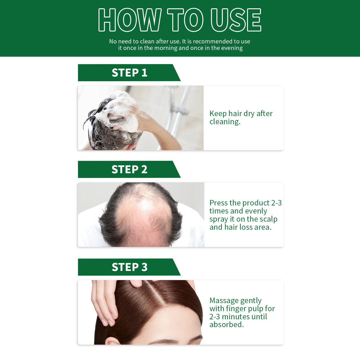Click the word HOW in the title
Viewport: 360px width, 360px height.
pyautogui.click(x=130, y=20)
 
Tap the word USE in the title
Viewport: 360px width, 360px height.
pyautogui.click(x=236, y=20)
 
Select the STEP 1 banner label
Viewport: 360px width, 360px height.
pyautogui.click(x=129, y=73)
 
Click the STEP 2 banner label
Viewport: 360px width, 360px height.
pyautogui.click(x=129, y=169)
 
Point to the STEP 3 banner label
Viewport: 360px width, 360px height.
pyautogui.click(x=129, y=267)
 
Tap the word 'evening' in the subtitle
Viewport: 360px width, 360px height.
pyautogui.click(x=231, y=48)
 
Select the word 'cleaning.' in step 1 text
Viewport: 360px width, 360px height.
pyautogui.click(x=225, y=122)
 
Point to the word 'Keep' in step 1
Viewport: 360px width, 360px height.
pyautogui.click(x=218, y=114)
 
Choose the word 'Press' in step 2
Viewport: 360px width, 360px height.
pyautogui.click(x=218, y=203)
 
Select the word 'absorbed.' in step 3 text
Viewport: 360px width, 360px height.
pyautogui.click(x=227, y=325)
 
